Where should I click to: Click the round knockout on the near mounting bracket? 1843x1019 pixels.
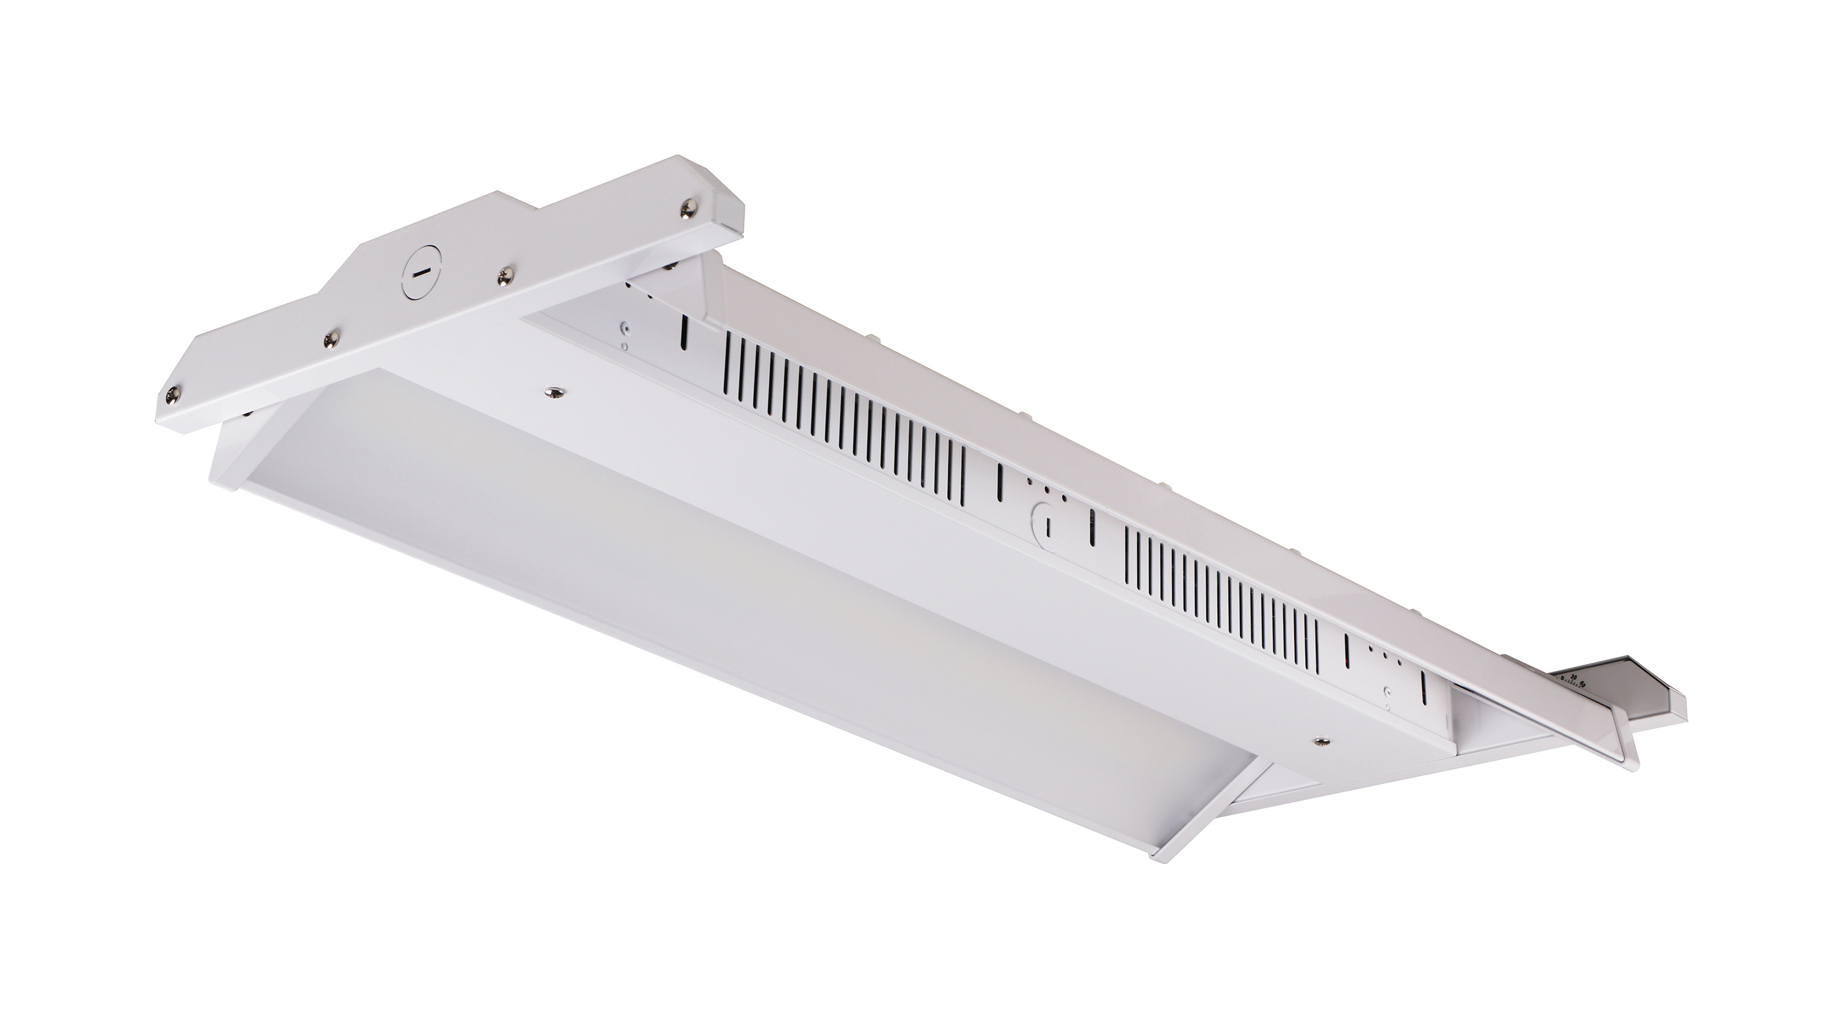pos(421,273)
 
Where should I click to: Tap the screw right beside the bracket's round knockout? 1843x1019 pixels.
pos(507,273)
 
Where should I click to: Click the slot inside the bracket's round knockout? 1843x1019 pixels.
pos(421,273)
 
